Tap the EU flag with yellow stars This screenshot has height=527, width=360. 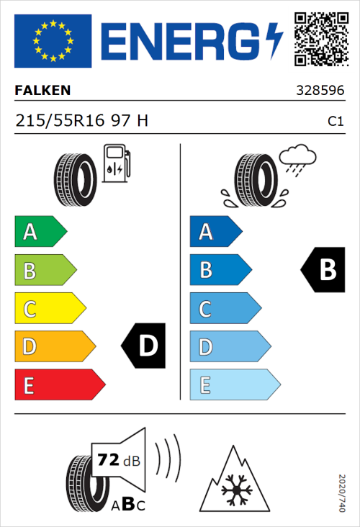[x=53, y=41]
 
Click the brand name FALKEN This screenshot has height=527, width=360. [x=43, y=91]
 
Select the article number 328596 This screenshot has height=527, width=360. [x=322, y=91]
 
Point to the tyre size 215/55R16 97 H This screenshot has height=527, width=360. [x=82, y=121]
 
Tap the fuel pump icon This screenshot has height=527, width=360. [x=116, y=163]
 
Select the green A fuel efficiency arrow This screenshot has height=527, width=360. [x=40, y=232]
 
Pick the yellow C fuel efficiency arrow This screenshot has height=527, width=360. [x=49, y=309]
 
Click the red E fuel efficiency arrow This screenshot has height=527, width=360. [x=59, y=385]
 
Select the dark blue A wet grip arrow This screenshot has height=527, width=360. [x=215, y=232]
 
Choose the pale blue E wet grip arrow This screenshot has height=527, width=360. [x=234, y=385]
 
